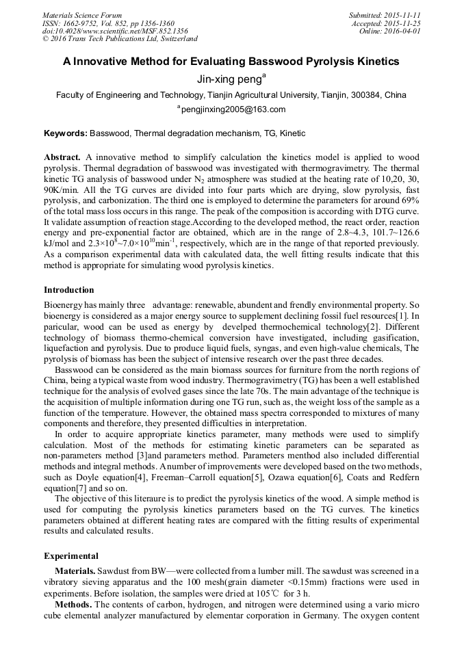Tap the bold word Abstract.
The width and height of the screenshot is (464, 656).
click(63, 157)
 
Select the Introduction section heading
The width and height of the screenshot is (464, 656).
click(69, 290)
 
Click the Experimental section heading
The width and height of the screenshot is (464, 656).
click(70, 555)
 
